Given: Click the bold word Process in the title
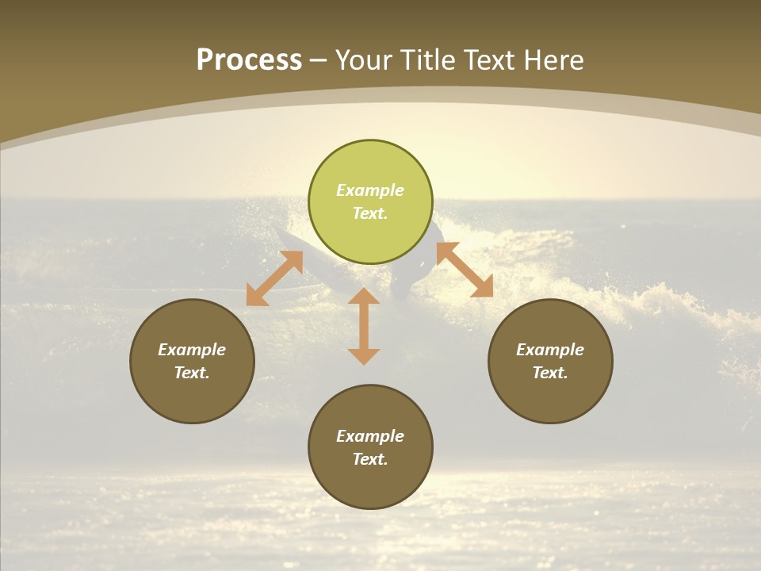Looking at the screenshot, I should click(249, 60).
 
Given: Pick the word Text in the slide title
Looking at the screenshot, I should click(489, 60).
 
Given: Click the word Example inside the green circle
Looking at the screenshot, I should click(370, 190).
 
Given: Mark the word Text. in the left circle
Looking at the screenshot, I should click(192, 373).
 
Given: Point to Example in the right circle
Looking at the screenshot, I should click(550, 350).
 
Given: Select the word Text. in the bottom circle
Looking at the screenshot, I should click(370, 459).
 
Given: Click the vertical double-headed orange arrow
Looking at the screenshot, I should click(364, 326).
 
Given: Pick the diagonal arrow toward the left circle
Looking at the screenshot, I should click(274, 278).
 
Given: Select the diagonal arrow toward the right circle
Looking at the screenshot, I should click(465, 270).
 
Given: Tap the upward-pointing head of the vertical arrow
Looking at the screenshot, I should click(364, 297).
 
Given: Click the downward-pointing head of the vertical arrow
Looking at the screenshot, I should click(364, 355).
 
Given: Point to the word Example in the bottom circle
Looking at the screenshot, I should click(370, 436).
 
